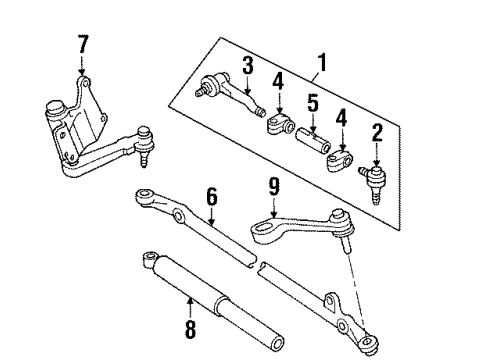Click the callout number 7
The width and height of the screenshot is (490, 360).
tap(83, 44)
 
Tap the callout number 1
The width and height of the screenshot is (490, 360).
tap(320, 61)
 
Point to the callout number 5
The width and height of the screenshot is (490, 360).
tap(312, 103)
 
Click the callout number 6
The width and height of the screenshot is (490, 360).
tap(212, 200)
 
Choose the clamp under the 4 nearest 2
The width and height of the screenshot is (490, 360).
tap(340, 159)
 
